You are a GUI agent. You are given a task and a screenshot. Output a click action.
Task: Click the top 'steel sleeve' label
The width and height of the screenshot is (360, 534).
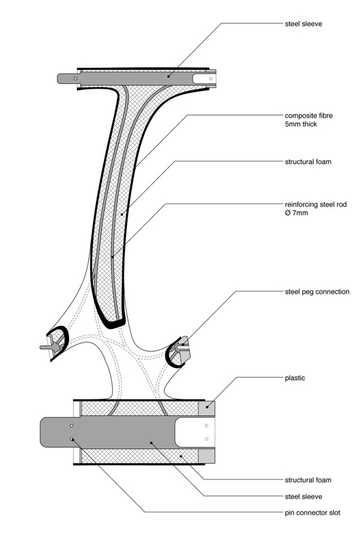pyautogui.click(x=303, y=24)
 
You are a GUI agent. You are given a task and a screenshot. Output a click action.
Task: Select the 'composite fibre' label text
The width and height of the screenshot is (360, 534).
pyautogui.click(x=308, y=116)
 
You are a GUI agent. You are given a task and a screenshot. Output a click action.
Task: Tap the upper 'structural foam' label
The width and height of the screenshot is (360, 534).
pyautogui.click(x=308, y=161)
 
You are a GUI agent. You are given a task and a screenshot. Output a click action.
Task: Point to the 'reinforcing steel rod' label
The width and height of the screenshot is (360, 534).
pyautogui.click(x=316, y=205)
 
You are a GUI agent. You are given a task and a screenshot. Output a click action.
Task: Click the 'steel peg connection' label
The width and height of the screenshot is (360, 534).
pyautogui.click(x=317, y=292)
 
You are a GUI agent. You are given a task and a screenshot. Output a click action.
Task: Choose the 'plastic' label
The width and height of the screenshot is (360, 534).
pyautogui.click(x=295, y=378)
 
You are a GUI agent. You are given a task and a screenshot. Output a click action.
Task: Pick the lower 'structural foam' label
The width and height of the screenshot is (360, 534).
pyautogui.click(x=308, y=480)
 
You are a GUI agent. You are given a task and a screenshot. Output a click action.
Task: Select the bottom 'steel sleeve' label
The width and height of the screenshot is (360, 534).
pyautogui.click(x=303, y=497)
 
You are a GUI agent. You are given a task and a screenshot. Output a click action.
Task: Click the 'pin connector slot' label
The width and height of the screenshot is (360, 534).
pyautogui.click(x=313, y=513)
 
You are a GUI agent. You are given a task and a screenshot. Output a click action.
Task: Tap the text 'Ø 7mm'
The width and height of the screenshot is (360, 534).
pyautogui.click(x=296, y=213)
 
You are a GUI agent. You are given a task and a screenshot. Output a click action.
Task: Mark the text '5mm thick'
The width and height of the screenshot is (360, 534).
pyautogui.click(x=301, y=124)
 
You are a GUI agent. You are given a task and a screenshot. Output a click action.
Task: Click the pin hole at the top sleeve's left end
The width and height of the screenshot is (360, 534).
pyautogui.click(x=75, y=79)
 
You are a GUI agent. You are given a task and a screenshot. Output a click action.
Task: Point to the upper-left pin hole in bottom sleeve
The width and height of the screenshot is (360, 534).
pyautogui.click(x=71, y=426)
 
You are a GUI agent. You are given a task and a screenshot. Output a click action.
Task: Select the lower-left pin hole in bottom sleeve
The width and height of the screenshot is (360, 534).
pyautogui.click(x=71, y=439)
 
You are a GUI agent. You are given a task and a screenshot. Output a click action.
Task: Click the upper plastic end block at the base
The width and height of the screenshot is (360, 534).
pyautogui.click(x=207, y=408)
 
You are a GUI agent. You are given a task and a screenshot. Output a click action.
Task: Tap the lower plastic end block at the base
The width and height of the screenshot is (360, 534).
pyautogui.click(x=207, y=456)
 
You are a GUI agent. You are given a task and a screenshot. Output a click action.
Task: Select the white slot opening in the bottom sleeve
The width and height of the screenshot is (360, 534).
pyautogui.click(x=195, y=432)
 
